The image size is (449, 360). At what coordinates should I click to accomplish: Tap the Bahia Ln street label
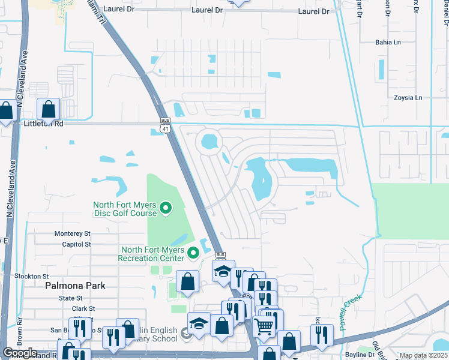click(x=387, y=43)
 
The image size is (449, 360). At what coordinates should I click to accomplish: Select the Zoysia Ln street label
click(x=408, y=98)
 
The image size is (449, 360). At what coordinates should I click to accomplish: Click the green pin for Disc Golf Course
click(x=167, y=209)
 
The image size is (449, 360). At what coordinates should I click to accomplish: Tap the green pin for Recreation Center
click(x=193, y=254)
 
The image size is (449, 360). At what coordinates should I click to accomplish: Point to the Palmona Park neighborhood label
click(x=75, y=286)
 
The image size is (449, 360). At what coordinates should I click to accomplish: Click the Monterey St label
click(x=72, y=233)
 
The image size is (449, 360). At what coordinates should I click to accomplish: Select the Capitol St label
click(x=76, y=244)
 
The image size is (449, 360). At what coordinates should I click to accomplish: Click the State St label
click(x=70, y=298)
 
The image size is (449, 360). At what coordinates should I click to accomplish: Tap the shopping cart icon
click(x=265, y=327)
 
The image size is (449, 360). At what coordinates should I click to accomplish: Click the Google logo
click(x=20, y=353)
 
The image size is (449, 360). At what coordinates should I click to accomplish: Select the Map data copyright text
click(x=423, y=356)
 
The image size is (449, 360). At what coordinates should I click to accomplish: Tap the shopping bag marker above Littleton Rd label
click(x=48, y=110)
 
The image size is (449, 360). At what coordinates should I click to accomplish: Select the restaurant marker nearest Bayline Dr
click(x=322, y=334)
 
